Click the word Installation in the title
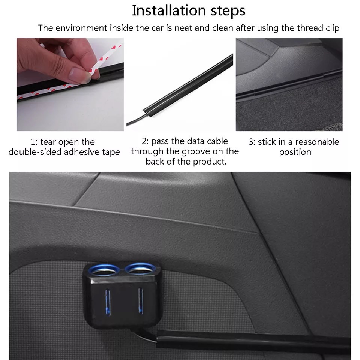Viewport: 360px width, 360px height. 169,10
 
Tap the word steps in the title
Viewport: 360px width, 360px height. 228,11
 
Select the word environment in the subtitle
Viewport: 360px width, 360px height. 81,28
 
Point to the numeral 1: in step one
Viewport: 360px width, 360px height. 34,142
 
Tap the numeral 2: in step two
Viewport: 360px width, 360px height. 145,141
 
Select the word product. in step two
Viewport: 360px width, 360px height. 210,162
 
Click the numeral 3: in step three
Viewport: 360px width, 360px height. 252,142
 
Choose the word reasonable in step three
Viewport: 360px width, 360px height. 317,142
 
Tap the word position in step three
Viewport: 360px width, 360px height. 295,153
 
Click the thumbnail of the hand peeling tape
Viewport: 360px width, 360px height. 70,84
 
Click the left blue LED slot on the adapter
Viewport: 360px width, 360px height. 108,301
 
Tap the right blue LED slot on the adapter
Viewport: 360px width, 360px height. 141,301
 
